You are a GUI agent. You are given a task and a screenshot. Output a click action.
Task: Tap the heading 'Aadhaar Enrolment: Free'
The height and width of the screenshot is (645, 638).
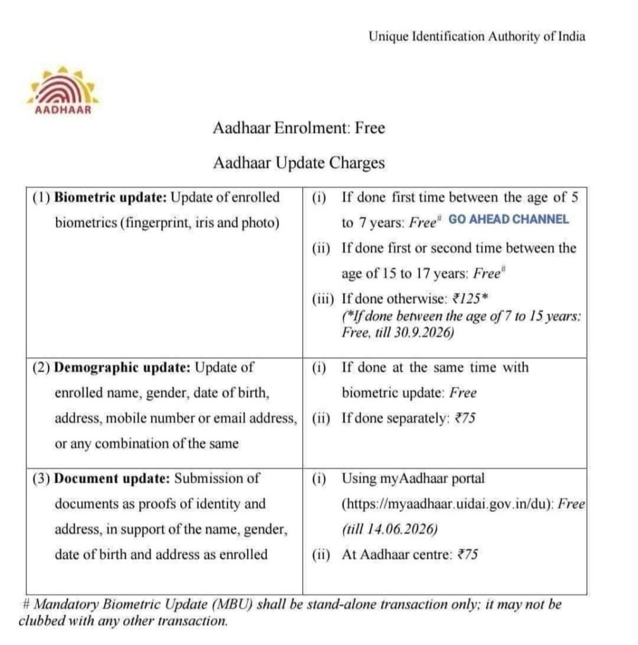pyautogui.click(x=299, y=128)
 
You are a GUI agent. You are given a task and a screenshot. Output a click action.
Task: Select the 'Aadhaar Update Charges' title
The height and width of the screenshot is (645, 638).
pyautogui.click(x=299, y=163)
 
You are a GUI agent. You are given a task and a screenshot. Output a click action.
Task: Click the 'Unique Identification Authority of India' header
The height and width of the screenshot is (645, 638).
pyautogui.click(x=477, y=37)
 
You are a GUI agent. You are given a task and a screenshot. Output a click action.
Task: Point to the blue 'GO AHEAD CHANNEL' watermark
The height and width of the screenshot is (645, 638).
pyautogui.click(x=509, y=220)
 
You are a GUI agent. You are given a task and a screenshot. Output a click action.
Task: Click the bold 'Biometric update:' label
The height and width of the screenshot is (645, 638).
pyautogui.click(x=110, y=198)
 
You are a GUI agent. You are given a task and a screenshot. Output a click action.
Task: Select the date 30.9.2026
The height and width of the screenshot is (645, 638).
pyautogui.click(x=426, y=333)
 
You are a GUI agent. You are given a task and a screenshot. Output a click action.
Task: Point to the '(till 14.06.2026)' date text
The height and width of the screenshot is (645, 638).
pyautogui.click(x=390, y=529)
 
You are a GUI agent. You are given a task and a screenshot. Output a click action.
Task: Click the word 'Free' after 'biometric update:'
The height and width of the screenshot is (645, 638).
pyautogui.click(x=463, y=393)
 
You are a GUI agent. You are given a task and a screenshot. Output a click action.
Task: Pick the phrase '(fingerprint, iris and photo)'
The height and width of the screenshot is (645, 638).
pyautogui.click(x=167, y=223)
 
